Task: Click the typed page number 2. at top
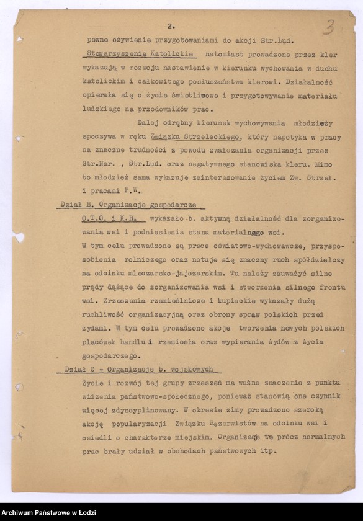pos(171,26)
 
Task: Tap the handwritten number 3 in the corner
pos(328,27)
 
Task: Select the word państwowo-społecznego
pos(164,396)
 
